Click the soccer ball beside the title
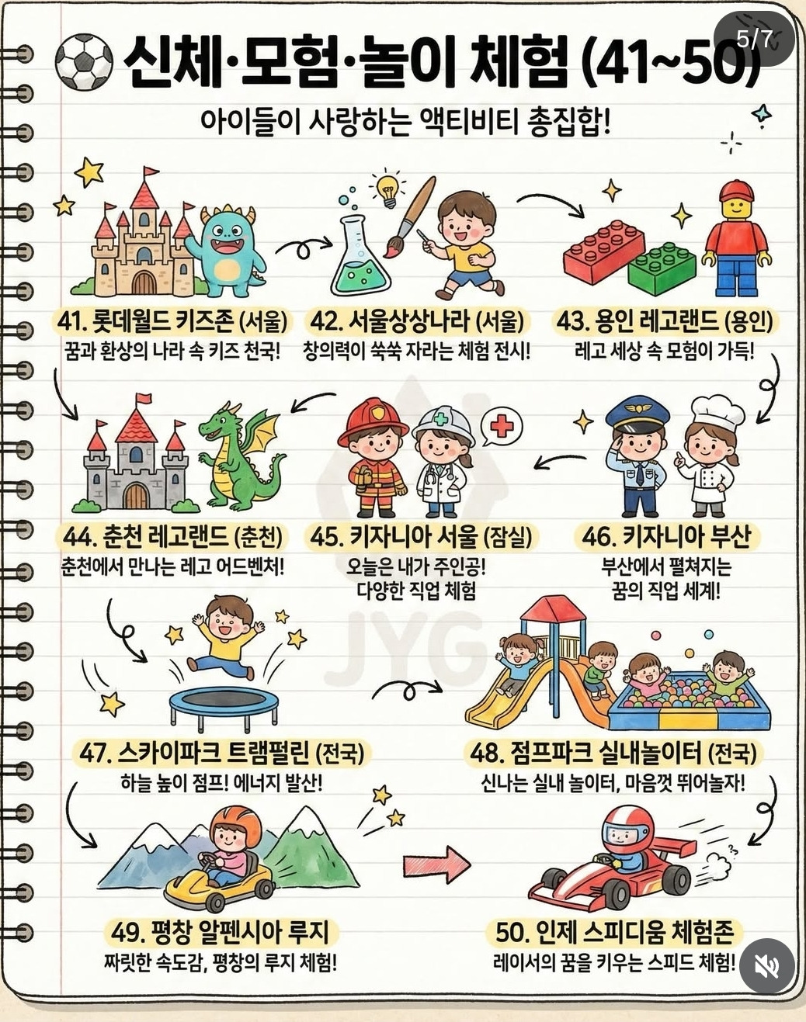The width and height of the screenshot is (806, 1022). click(x=84, y=62)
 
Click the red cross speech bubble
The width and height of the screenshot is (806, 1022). click(x=502, y=427)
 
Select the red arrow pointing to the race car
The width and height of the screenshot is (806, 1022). click(x=436, y=861)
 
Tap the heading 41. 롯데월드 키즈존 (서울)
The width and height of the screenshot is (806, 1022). click(x=172, y=320)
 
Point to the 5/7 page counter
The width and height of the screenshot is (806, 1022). click(x=754, y=39)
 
